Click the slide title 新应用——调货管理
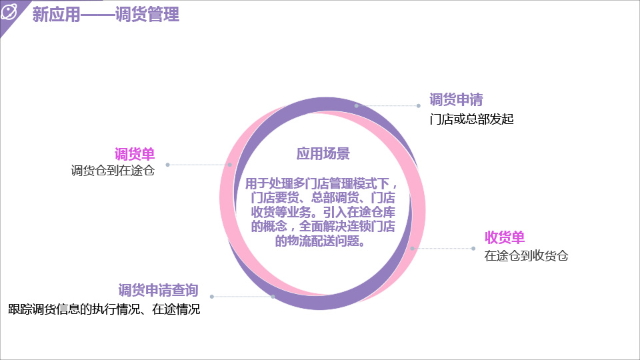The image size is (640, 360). pyautogui.click(x=106, y=14)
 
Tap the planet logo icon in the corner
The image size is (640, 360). pyautogui.click(x=9, y=11)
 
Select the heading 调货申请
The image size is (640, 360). pyautogui.click(x=456, y=99)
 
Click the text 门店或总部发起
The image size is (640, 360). pyautogui.click(x=471, y=119)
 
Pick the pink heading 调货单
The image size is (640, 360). pyautogui.click(x=135, y=154)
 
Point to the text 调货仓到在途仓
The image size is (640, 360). pyautogui.click(x=113, y=170)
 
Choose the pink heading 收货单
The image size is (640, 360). pyautogui.click(x=505, y=237)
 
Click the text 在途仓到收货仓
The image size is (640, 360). pyautogui.click(x=526, y=256)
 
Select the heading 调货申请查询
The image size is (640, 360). pyautogui.click(x=159, y=290)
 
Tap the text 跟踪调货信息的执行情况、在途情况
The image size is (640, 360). pyautogui.click(x=104, y=309)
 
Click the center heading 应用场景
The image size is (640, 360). pyautogui.click(x=323, y=154)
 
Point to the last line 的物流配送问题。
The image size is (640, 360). pyautogui.click(x=320, y=241)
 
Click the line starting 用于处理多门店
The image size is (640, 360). pyautogui.click(x=321, y=184)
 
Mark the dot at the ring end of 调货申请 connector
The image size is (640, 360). pyautogui.click(x=356, y=106)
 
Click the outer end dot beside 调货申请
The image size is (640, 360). pyautogui.click(x=419, y=106)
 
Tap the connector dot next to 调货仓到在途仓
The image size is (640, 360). pyautogui.click(x=168, y=165)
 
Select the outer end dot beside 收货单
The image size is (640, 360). pyautogui.click(x=473, y=248)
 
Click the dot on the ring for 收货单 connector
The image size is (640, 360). pyautogui.click(x=412, y=248)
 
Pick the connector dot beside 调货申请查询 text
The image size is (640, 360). pyautogui.click(x=212, y=297)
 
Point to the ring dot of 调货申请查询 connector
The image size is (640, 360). pyautogui.click(x=273, y=297)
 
